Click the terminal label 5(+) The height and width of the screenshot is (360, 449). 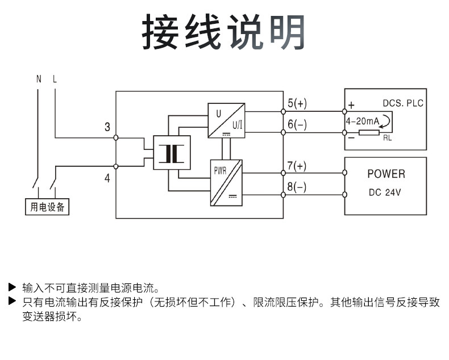[297, 103]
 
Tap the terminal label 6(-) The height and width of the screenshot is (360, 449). [297, 124]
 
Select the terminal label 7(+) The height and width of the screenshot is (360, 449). [296, 166]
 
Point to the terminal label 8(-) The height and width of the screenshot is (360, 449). [296, 187]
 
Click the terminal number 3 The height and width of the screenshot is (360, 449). [107, 127]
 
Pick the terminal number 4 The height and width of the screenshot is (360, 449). [107, 178]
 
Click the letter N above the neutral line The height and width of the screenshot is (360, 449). [39, 79]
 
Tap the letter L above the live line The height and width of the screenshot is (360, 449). [55, 79]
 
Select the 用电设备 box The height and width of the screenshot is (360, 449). [47, 207]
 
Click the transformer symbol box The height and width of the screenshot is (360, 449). [172, 153]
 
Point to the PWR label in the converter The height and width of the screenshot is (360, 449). [220, 171]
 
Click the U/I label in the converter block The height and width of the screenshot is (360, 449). [237, 125]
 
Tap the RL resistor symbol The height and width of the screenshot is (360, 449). [369, 132]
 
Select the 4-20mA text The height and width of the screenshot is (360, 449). [362, 121]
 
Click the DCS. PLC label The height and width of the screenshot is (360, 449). [403, 103]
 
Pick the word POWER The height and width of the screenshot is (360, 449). [386, 174]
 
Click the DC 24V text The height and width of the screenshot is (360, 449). [385, 192]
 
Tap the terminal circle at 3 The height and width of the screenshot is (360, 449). [116, 137]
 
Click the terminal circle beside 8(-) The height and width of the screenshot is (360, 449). [283, 195]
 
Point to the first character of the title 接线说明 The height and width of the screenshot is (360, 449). [160, 32]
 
